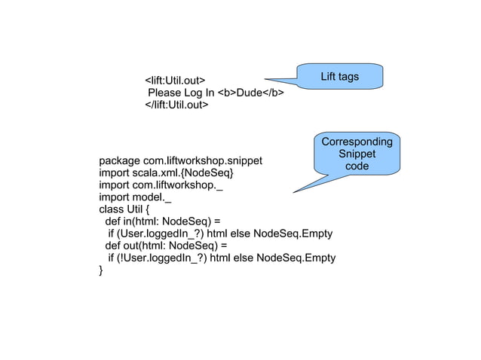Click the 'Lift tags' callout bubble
(339, 77)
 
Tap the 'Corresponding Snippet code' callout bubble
(357, 154)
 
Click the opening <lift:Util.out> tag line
(175, 80)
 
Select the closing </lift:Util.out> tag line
(176, 105)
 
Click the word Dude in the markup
(248, 93)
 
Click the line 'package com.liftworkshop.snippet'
(181, 161)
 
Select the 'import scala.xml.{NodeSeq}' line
(167, 173)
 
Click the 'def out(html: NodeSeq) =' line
(165, 246)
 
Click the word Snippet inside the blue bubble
(357, 154)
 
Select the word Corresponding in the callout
(357, 142)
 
